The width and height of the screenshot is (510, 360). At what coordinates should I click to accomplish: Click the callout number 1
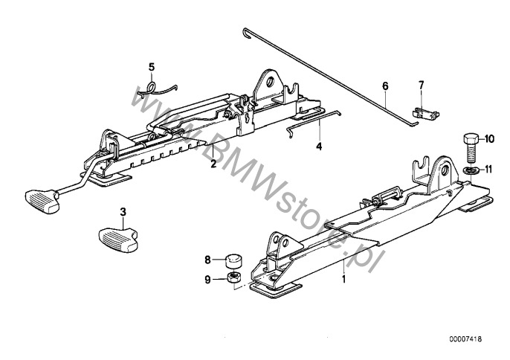coord(343,279)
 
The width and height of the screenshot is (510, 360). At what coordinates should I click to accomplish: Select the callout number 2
coord(213,164)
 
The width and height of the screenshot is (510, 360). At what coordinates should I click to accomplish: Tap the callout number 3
coord(123,212)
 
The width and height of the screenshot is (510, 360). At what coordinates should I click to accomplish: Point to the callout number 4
coord(319,146)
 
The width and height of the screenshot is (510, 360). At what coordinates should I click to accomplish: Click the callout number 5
coord(152,67)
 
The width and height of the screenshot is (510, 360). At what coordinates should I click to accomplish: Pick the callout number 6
coord(385,86)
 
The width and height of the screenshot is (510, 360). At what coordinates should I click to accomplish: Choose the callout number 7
coord(422,86)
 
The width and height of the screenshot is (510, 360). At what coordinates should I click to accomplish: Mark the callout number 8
coord(208,260)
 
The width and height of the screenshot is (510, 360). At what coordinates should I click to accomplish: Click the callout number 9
coord(208,279)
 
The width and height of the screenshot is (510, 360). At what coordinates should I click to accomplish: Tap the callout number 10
coord(489,139)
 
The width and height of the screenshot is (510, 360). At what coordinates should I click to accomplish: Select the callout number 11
coord(489,170)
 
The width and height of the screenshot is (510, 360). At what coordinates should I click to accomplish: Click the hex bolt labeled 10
coord(470,149)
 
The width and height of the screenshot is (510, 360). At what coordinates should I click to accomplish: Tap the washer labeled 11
coord(470,170)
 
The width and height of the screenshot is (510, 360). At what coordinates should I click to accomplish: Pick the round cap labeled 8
coord(233,260)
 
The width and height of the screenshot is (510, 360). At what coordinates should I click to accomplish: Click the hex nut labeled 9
coord(233,277)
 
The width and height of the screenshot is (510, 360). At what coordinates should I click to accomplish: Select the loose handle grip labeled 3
coord(118,240)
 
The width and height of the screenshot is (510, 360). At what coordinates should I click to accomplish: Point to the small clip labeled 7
coord(425,113)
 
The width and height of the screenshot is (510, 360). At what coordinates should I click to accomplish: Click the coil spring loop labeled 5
coord(152,87)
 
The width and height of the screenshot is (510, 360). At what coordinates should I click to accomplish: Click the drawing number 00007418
coord(465,339)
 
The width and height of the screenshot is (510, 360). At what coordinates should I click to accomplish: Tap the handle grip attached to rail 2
coord(42,201)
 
